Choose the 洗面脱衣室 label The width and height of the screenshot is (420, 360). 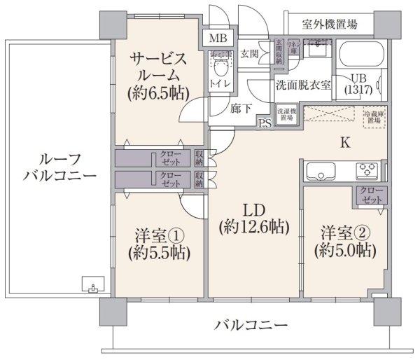(302, 86)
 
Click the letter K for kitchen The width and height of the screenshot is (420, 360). (344, 144)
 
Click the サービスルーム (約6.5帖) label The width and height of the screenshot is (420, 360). (159, 76)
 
